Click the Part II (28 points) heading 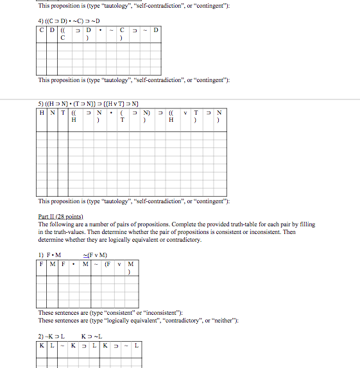61,217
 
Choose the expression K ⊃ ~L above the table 92,336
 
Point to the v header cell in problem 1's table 120,263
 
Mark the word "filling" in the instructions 306,224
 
